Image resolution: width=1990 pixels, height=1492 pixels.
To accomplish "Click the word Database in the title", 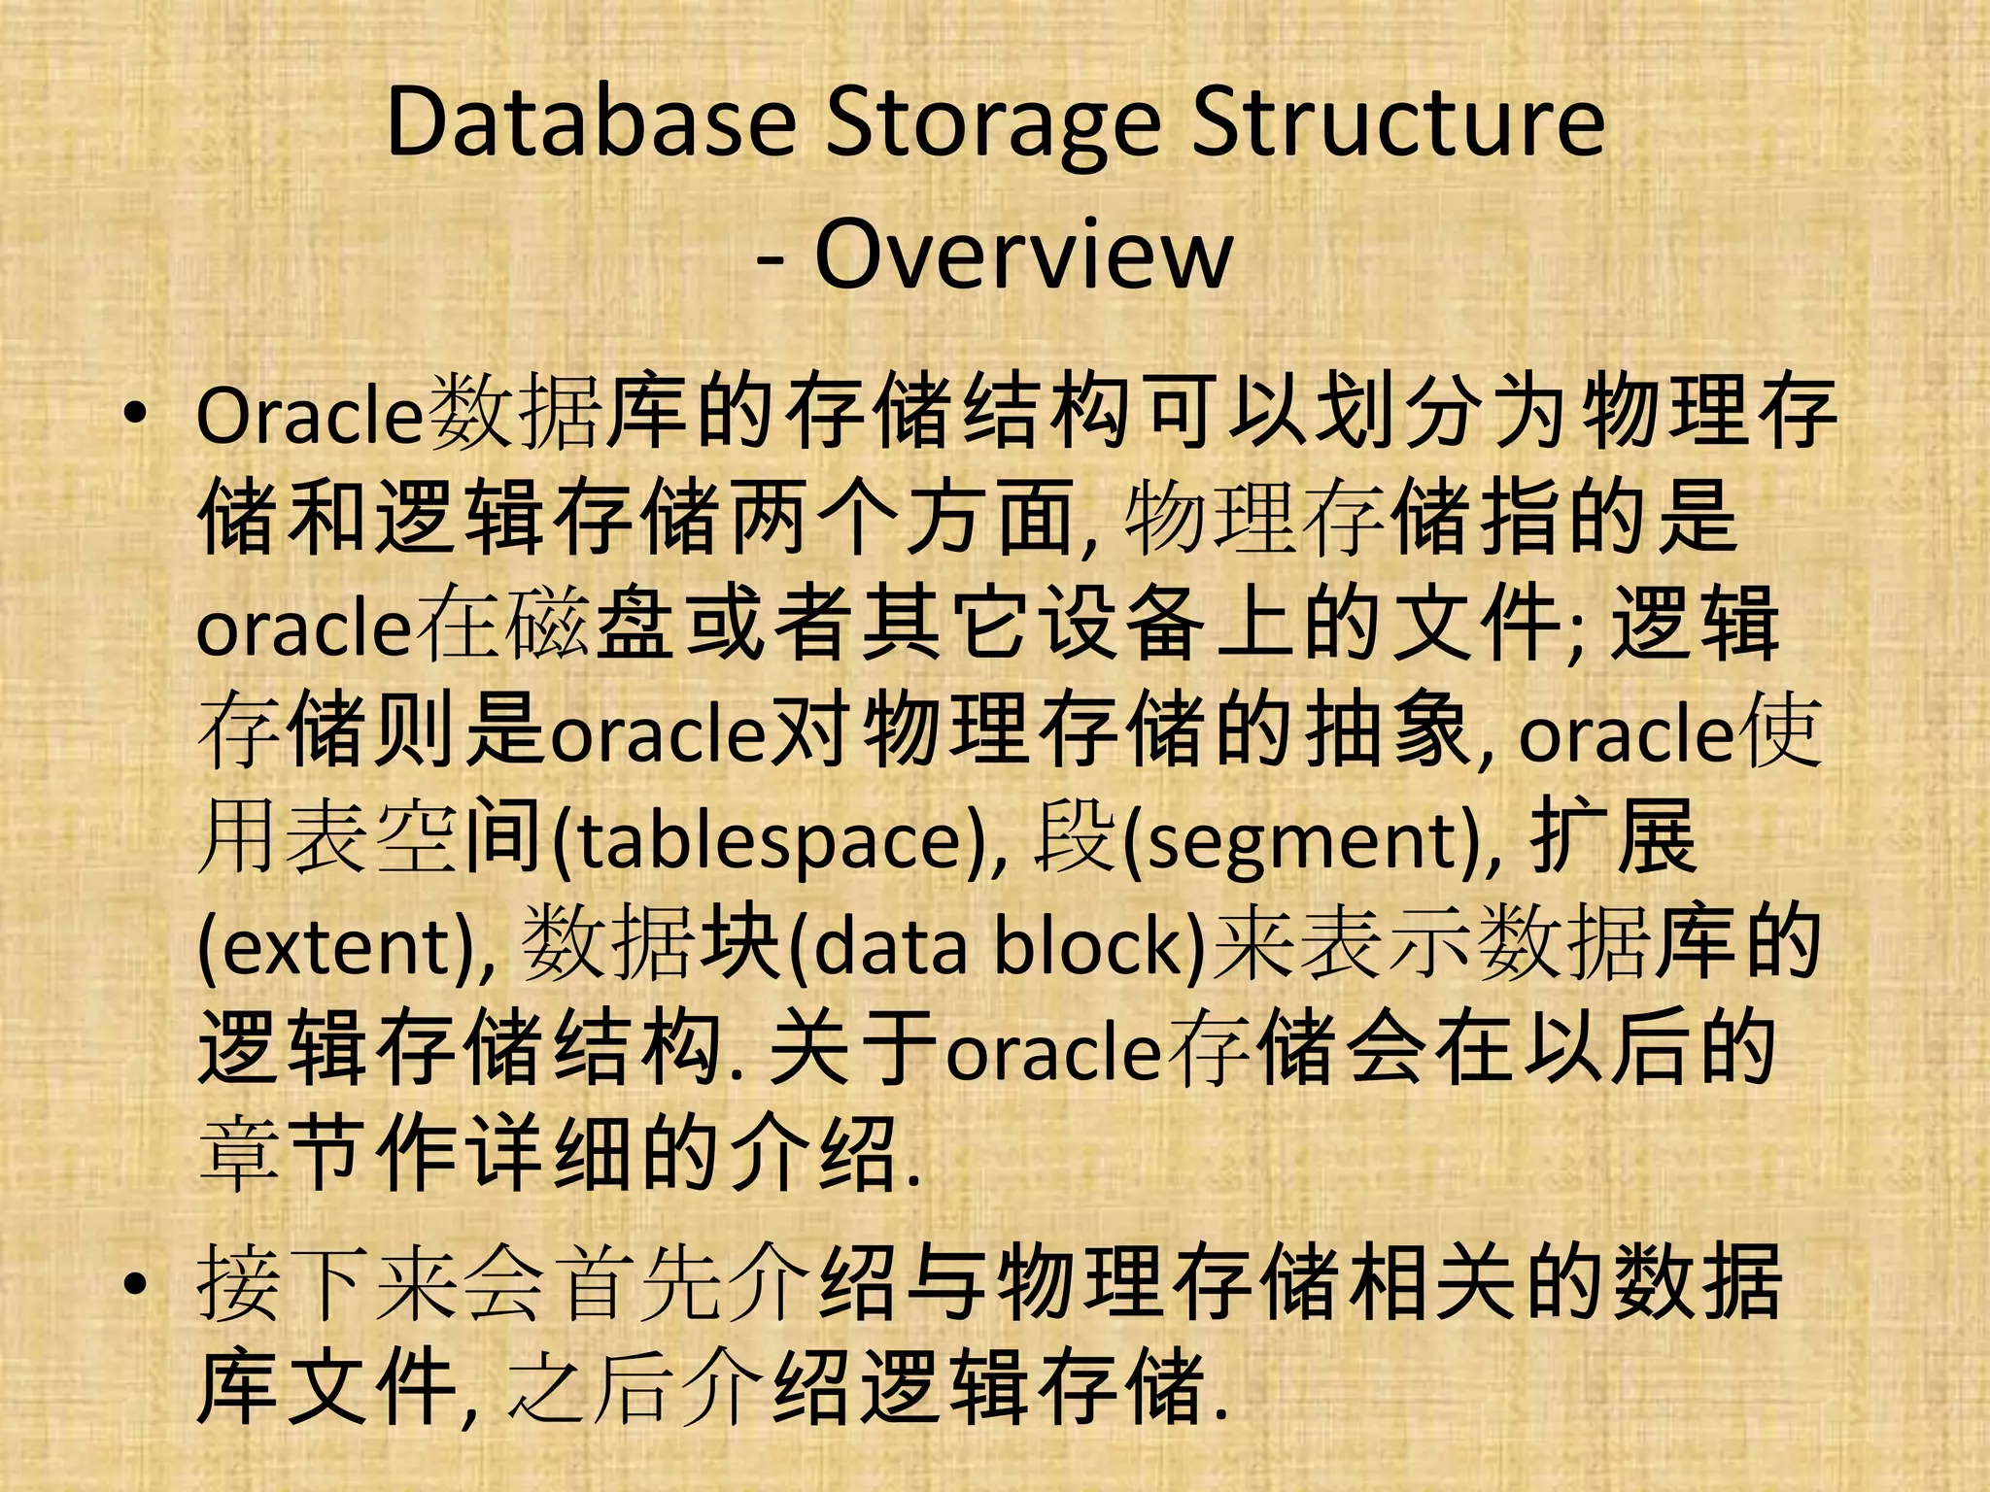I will [x=591, y=123].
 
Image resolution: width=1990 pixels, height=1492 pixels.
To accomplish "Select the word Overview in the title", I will [x=1023, y=255].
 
